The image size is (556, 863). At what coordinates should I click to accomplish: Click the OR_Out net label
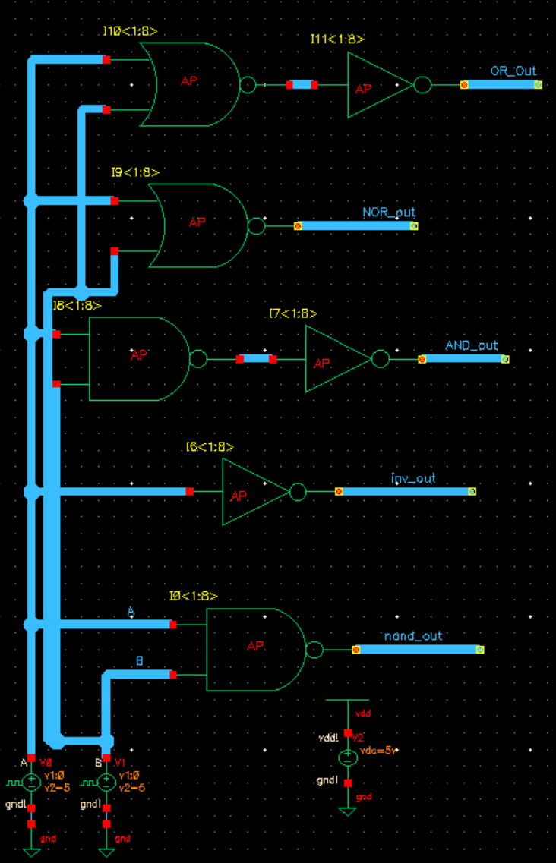pos(513,71)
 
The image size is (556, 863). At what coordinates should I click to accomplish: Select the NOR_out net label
pos(389,213)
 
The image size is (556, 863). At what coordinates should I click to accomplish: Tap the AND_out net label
pos(472,345)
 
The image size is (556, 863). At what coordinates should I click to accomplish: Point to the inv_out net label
pos(413,479)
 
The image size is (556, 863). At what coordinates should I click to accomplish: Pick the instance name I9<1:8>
pos(135,172)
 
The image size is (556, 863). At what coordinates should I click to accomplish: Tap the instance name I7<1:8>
pos(292,313)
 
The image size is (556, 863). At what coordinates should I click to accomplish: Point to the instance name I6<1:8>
pos(210,447)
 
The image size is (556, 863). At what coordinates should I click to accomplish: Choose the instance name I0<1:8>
pos(194,596)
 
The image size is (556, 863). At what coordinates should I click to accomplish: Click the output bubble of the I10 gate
pos(248,85)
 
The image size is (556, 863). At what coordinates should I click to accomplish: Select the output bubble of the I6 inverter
pos(298,492)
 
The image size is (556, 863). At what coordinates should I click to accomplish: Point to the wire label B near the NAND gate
pos(139,660)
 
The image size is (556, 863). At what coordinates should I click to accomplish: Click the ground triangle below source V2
pos(347,811)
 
